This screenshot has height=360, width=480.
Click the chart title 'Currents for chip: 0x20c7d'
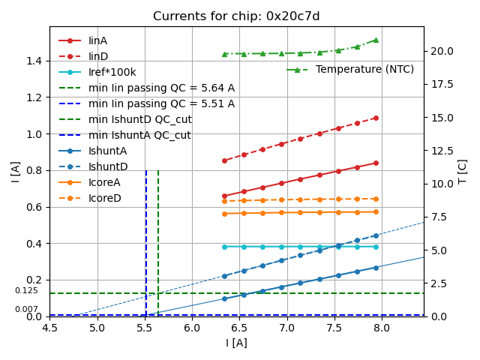(x=236, y=16)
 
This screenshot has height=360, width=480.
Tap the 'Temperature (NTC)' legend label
(x=364, y=69)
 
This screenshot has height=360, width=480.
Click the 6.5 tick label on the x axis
(x=239, y=328)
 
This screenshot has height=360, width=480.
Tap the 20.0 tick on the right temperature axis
(x=440, y=51)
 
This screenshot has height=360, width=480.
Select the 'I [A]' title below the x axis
(x=236, y=343)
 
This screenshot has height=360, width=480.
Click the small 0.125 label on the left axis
(x=26, y=290)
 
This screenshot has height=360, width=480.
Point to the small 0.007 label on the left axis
(x=26, y=309)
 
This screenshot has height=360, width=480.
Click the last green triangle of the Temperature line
(x=376, y=40)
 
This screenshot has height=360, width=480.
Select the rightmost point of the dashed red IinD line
(x=376, y=118)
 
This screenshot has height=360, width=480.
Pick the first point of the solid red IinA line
(x=224, y=196)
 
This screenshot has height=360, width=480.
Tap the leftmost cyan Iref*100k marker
(x=224, y=247)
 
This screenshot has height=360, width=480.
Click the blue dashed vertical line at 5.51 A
(x=146, y=240)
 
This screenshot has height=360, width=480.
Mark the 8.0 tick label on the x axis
(x=381, y=328)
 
